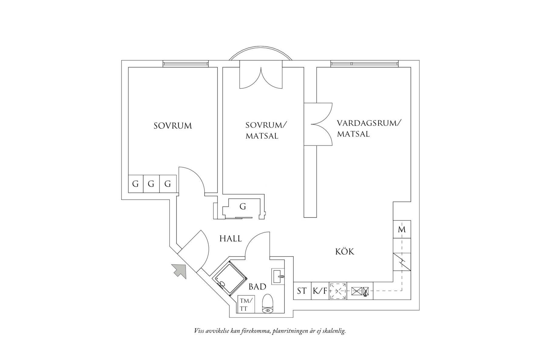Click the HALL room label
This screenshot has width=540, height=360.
pos(231,239)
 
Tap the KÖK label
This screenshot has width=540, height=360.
pos(345,251)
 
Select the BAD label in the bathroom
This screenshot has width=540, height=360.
pos(257,287)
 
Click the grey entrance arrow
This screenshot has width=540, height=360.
pos(179,271)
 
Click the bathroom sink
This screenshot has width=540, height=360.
pos(278,276)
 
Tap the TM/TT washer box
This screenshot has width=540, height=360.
pos(246,304)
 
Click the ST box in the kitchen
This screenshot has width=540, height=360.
pos(302,291)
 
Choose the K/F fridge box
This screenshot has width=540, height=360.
pos(320,291)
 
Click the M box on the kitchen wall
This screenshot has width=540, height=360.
pos(402,229)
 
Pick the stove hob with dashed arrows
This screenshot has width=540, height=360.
pos(338,291)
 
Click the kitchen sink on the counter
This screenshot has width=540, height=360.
pos(360,291)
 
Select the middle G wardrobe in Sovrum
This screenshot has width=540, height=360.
pos(151,184)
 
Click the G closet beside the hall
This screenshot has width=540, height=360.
pos(242,207)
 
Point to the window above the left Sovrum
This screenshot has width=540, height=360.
pos(185,64)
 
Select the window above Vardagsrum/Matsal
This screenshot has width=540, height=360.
pos(364,64)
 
